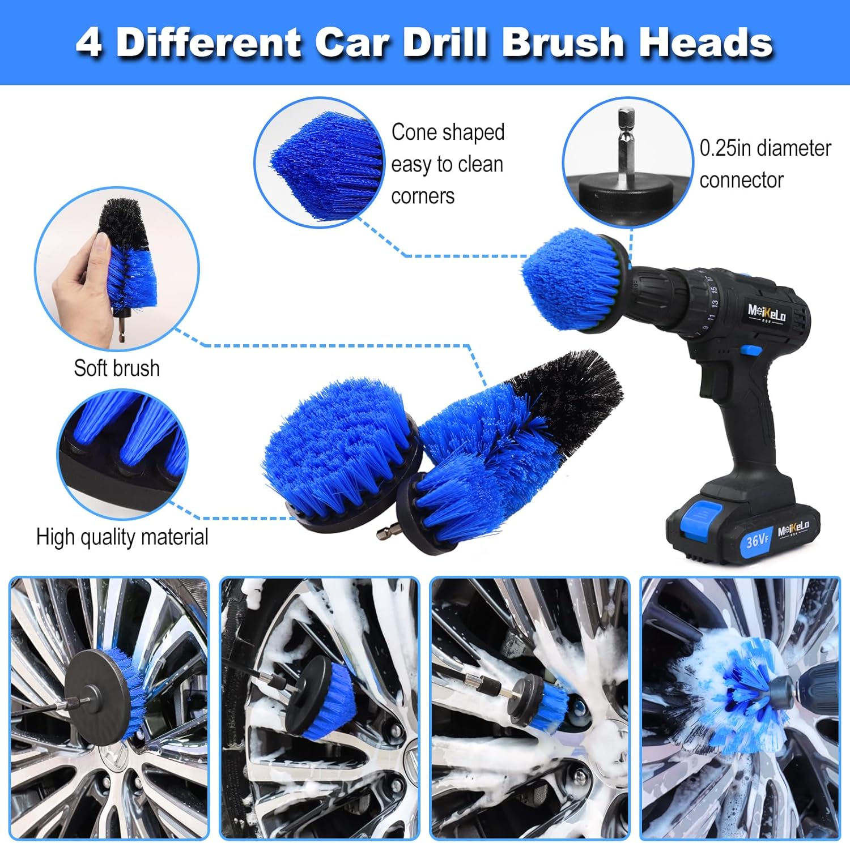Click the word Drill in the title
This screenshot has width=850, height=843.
[x=445, y=43]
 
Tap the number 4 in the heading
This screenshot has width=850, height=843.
[x=89, y=43]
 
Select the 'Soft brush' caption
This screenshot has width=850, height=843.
[x=117, y=368]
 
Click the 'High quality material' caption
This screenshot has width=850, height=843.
[x=122, y=537]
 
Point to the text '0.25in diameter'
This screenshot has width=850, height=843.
[x=765, y=148]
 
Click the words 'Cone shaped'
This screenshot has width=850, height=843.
[x=448, y=132]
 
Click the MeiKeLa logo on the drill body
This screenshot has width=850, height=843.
[x=766, y=312]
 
